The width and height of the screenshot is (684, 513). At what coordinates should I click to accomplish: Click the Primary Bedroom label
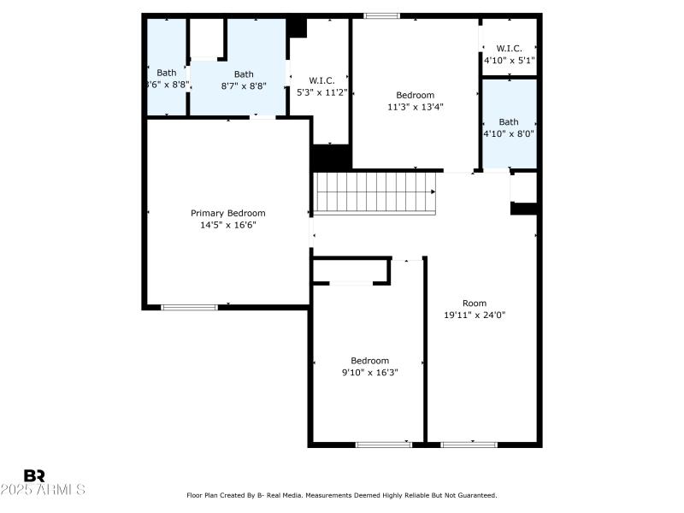[x=227, y=213]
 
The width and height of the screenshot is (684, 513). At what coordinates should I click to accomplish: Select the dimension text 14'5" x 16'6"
[x=227, y=225]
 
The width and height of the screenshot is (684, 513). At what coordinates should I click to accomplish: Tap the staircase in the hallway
[x=374, y=192]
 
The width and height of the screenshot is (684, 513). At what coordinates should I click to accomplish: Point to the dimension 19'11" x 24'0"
[x=475, y=314]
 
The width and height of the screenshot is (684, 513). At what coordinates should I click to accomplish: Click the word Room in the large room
[x=475, y=303]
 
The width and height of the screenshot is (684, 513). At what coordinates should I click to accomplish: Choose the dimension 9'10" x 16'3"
[x=369, y=372]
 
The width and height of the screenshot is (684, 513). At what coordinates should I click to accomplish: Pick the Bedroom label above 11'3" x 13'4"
[x=415, y=95]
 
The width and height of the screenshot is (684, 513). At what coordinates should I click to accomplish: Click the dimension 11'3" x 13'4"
[x=415, y=107]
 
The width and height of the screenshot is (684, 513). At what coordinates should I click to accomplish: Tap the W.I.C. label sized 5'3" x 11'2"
[x=321, y=80]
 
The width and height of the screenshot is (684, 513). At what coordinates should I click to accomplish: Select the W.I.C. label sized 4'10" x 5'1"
[x=509, y=49]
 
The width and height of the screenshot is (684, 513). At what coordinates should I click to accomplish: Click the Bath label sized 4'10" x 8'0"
[x=509, y=121]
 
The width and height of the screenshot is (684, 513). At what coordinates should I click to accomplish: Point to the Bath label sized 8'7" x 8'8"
[x=244, y=74]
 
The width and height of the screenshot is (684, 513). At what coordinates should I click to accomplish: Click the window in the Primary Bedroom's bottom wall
[x=190, y=307]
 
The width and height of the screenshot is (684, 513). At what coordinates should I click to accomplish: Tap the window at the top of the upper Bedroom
[x=381, y=15]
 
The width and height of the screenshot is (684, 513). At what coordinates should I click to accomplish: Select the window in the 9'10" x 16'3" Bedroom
[x=383, y=444]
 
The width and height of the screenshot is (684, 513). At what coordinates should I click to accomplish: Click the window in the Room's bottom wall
[x=469, y=444]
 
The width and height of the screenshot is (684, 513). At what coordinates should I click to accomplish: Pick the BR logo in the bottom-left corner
[x=34, y=475]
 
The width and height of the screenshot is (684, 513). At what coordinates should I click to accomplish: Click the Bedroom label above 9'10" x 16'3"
[x=369, y=361]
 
